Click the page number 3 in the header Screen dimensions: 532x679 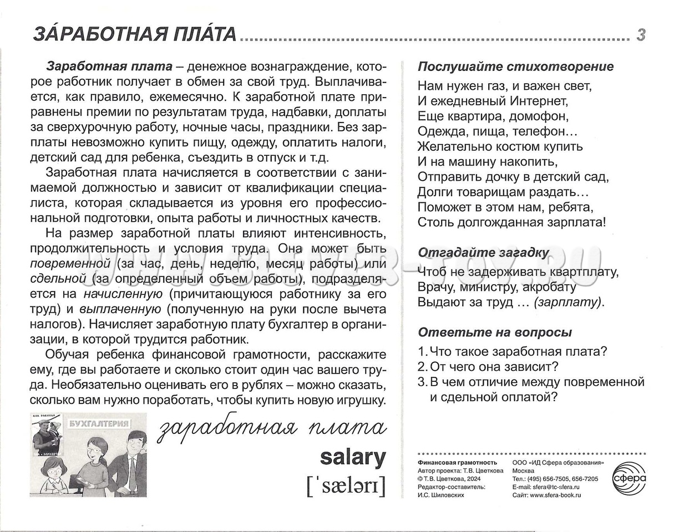click(x=641, y=35)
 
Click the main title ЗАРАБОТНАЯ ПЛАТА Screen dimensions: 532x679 click(x=135, y=34)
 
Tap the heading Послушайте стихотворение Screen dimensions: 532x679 click(x=515, y=67)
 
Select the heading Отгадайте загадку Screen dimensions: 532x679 click(x=483, y=253)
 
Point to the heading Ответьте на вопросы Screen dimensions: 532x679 click(x=495, y=332)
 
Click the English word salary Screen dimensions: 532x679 click(x=353, y=458)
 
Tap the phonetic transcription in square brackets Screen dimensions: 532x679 click(x=345, y=486)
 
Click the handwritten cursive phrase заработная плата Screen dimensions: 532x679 click(x=271, y=428)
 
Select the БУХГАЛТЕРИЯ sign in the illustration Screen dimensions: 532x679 click(x=99, y=424)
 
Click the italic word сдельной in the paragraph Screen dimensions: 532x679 click(x=58, y=278)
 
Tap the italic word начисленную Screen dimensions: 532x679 click(x=123, y=293)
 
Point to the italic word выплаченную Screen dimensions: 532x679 click(x=120, y=309)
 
